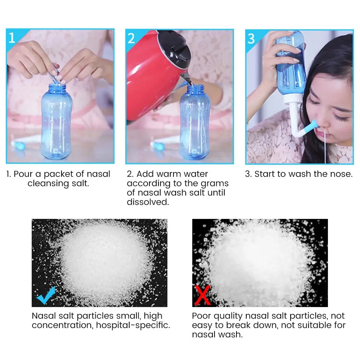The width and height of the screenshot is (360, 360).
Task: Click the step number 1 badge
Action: coord(12,37)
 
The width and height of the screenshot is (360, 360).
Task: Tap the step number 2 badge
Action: coord(131,38)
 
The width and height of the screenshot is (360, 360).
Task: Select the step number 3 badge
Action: coord(251,38)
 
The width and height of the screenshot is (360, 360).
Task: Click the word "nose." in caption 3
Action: coord(341,174)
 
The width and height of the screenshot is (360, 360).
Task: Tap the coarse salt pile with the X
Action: coord(259,263)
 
